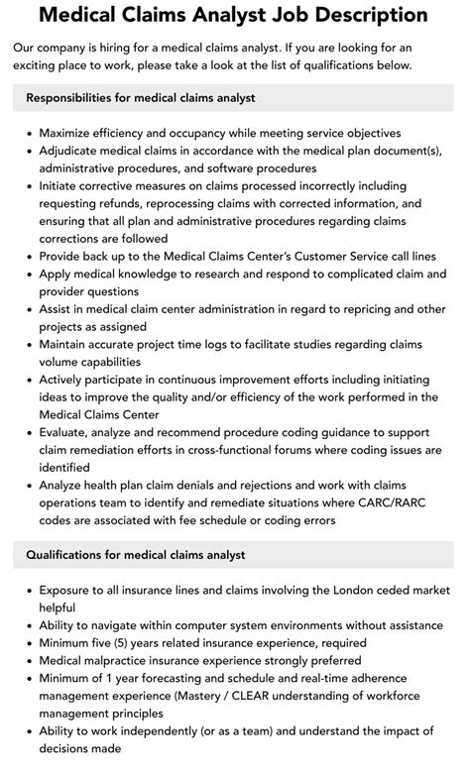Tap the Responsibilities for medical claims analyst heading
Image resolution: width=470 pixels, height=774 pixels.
140,98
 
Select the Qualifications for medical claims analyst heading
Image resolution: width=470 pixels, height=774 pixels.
135,554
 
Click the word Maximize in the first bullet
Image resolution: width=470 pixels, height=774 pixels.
71,133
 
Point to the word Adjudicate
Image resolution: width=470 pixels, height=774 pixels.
76,150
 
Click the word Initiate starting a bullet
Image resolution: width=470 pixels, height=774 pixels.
62,185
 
